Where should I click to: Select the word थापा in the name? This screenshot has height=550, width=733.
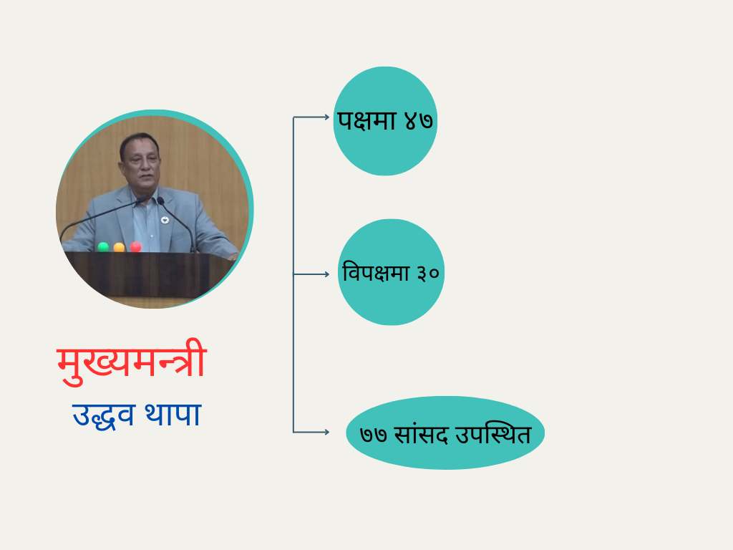pos(173,413)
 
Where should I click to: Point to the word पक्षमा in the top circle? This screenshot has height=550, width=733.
pos(367,120)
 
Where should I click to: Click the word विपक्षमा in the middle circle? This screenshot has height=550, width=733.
pos(376,272)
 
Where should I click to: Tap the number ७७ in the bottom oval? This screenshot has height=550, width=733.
pos(374,435)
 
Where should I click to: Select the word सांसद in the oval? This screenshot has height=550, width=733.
pos(421,434)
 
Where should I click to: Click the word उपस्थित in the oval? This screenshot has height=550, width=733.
pos(493,433)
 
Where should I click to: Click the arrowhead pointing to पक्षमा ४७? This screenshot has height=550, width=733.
pos(326,117)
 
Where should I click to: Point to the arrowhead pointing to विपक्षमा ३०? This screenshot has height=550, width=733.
pos(326,274)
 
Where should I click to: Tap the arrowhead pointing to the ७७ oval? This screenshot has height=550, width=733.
pos(326,432)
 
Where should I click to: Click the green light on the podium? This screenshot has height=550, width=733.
pos(103,247)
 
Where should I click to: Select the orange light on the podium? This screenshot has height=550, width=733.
pos(120,247)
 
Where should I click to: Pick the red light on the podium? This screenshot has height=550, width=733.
pos(135,246)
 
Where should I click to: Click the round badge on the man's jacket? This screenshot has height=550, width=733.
pos(165,220)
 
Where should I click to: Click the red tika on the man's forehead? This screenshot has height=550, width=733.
pos(140,140)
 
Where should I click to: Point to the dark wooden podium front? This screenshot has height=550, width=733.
pos(149,275)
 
